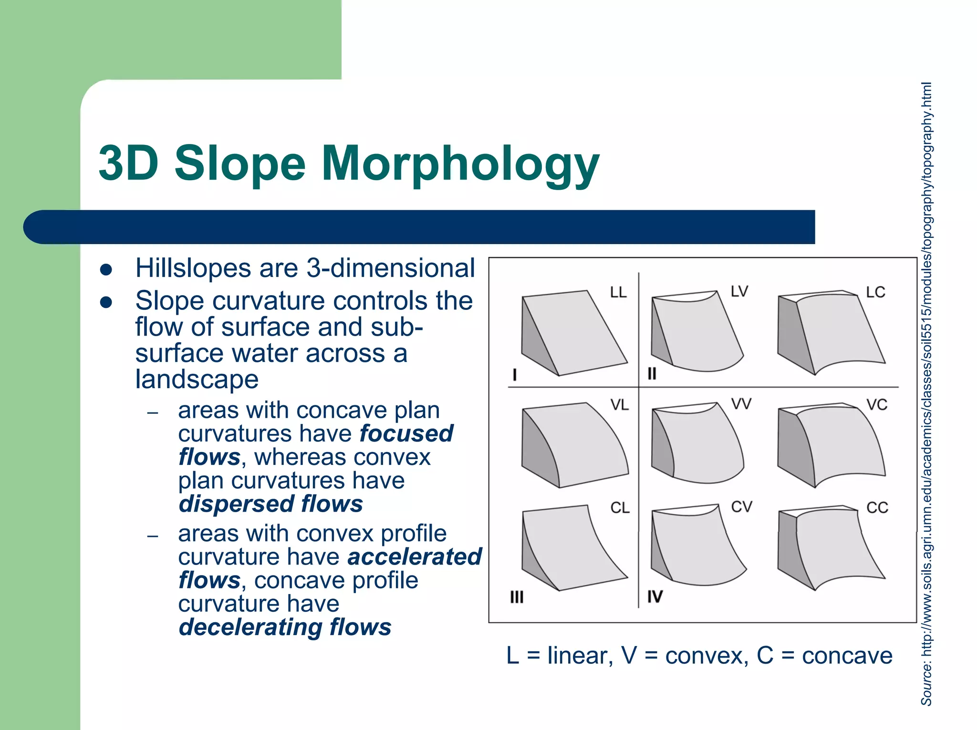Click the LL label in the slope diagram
[618, 292]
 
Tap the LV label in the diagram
[739, 291]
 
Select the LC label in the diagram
[875, 292]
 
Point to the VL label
[619, 405]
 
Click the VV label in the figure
[741, 404]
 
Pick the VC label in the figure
[876, 405]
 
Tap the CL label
[620, 507]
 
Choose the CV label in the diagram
[741, 507]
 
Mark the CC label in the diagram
[877, 507]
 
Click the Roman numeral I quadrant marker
[514, 375]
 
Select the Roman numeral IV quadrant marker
[655, 596]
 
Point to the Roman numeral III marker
[517, 597]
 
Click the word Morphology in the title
[460, 165]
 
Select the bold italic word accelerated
[415, 557]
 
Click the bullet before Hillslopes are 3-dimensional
[106, 269]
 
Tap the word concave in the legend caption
[847, 656]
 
